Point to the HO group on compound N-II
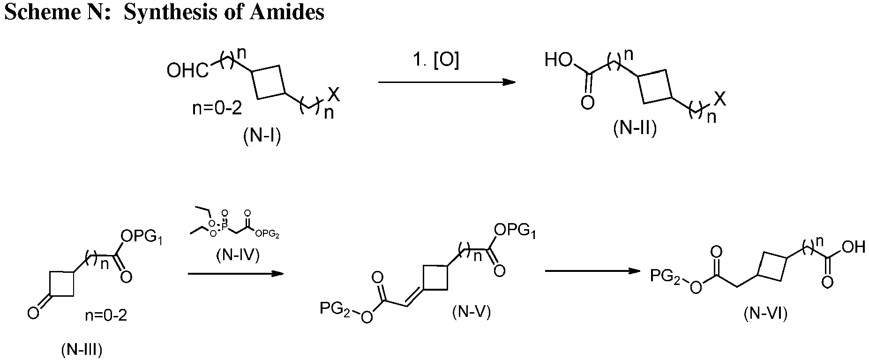(x=559, y=60)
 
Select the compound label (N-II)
(x=635, y=128)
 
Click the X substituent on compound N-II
(x=720, y=99)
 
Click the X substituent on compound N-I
(x=334, y=95)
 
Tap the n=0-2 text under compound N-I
(x=217, y=109)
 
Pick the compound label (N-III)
(x=82, y=349)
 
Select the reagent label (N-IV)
(x=238, y=255)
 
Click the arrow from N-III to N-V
(x=235, y=273)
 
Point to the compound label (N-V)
(x=472, y=312)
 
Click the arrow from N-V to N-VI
(x=592, y=271)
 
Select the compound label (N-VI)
(x=765, y=314)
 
